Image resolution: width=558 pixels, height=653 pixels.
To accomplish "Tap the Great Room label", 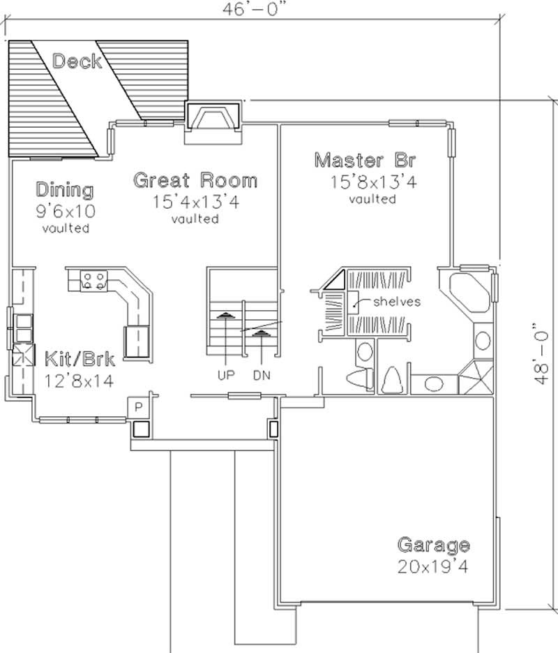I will point(195,180).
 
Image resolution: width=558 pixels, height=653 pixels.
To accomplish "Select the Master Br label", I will point(365,160).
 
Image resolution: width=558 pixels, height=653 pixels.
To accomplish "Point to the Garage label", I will point(433,545).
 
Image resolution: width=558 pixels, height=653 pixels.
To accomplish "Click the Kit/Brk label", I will point(80,360).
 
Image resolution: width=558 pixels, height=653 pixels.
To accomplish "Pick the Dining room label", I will point(65,190).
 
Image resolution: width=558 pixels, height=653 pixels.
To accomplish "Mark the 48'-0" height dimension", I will point(536,352).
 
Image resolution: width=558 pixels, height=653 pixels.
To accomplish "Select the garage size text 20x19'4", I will point(433,566).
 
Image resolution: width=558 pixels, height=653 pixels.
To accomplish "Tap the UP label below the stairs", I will point(225,375).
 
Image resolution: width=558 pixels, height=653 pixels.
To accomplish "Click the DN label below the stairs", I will point(262,375).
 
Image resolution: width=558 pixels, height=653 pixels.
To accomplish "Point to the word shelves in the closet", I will point(396,302).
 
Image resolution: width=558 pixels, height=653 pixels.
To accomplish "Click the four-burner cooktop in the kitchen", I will point(94,280).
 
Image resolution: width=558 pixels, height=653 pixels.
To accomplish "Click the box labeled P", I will point(138,406).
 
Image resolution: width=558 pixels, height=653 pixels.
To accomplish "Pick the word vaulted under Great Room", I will point(195,219).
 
